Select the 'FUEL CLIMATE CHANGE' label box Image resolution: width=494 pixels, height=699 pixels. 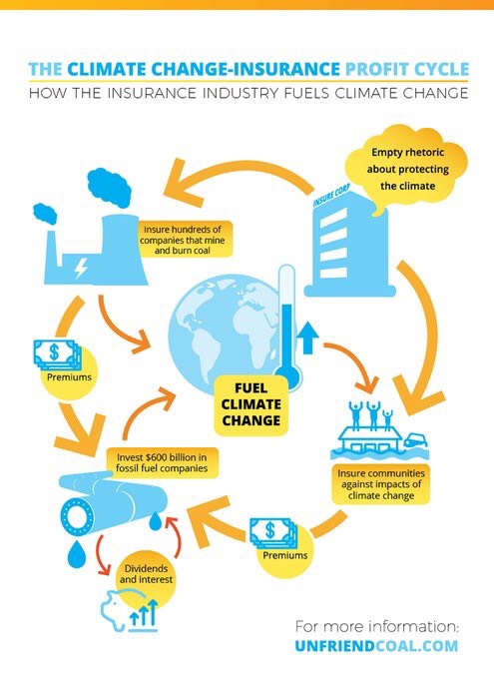coord(251,404)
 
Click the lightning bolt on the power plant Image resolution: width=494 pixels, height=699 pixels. coord(81,267)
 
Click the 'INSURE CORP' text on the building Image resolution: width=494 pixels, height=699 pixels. coord(331,195)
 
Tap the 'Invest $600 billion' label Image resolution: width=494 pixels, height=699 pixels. coord(162,462)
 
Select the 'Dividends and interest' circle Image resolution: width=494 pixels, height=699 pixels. coord(146,574)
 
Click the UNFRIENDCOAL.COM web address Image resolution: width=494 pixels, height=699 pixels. coord(376,646)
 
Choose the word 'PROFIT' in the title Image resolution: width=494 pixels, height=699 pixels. coord(377,69)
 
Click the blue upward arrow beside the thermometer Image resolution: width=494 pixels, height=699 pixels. coord(307,338)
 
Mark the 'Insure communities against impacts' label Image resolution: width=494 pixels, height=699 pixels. coord(381,484)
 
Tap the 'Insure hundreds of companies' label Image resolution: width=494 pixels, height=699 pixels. coord(183,240)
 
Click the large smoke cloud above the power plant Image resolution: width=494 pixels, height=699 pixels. coord(109,188)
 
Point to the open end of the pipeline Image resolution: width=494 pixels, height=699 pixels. coord(78,516)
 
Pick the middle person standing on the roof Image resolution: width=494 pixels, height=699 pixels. coord(373,415)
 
